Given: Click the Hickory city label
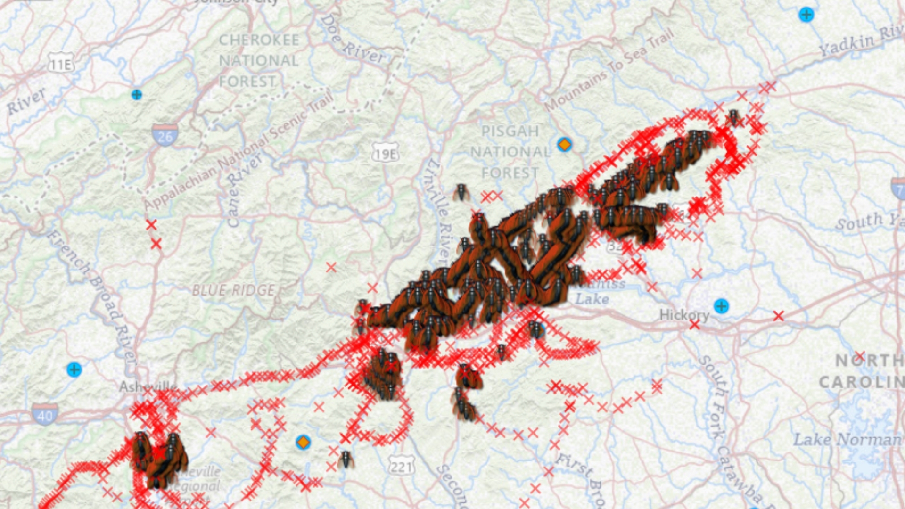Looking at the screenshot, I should point(684,315).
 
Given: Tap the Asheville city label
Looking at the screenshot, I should point(148,387).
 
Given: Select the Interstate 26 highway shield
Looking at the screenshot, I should point(165,135).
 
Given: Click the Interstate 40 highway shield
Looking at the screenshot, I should point(45,414).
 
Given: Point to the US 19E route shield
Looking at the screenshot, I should point(385,153).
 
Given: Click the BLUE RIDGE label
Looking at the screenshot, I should point(233,290).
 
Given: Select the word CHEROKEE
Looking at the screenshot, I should point(259,41).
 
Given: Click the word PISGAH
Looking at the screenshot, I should point(510,131).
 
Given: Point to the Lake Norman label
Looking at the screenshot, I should point(847,440).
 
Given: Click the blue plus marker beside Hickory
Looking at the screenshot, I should point(721,306).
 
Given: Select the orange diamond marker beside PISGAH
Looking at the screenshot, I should point(564,144).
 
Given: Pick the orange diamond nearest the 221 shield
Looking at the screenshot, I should point(303,442).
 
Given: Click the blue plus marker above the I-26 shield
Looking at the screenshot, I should point(137,95).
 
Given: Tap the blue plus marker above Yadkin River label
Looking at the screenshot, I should point(806,15).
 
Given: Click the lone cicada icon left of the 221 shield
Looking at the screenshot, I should point(346,459).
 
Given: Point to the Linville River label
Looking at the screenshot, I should point(438,212).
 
